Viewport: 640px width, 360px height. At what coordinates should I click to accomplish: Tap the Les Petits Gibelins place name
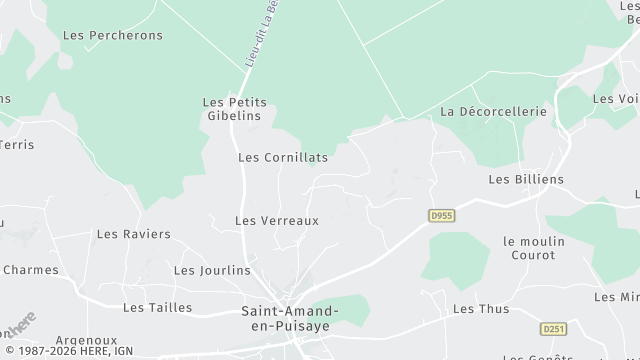coord(231,109)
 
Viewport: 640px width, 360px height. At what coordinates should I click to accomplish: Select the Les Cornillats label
coord(283,157)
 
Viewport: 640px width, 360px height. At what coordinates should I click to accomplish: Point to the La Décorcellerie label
coord(493,111)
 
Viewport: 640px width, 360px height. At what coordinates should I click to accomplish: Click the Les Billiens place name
coord(526,179)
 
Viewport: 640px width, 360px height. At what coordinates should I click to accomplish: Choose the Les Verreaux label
coord(276,220)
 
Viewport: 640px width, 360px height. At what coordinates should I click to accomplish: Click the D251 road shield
coord(552,328)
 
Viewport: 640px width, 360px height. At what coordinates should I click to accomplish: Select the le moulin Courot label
coord(534,248)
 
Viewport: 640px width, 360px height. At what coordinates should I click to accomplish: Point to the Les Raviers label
coord(133,234)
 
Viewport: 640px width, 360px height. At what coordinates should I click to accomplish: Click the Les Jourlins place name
coord(212,270)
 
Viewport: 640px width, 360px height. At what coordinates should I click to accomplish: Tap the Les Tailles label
coord(157,307)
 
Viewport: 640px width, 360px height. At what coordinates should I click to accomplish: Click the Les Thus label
coord(481,309)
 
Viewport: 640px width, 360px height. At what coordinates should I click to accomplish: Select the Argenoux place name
coord(86,340)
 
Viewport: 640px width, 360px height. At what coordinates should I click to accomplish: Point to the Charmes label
coord(30,269)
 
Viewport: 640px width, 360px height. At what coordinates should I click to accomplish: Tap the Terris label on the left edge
coord(17,144)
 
